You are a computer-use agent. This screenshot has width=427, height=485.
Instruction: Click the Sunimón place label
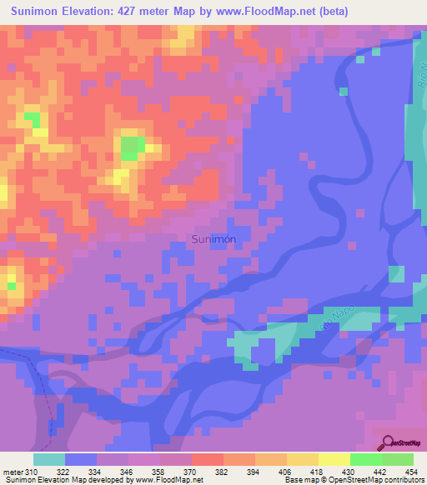[213, 239]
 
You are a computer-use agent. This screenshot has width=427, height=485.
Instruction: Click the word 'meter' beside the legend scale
[13, 472]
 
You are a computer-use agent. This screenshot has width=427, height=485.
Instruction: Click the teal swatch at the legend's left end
[49, 459]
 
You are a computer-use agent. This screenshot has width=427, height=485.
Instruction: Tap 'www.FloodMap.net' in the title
[264, 12]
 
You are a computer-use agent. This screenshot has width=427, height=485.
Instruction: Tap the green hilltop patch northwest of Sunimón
[131, 148]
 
